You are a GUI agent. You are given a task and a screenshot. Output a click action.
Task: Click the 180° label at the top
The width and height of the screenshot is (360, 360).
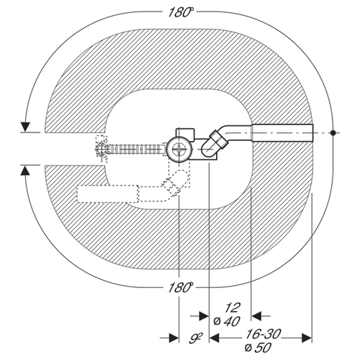[181, 12]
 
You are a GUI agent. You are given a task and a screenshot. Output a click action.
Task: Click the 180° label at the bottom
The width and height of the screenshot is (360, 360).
[181, 287]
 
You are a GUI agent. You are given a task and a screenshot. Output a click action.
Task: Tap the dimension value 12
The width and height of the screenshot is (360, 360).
[233, 308]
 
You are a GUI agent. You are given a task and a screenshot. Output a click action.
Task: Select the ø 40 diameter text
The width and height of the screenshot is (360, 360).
[227, 321]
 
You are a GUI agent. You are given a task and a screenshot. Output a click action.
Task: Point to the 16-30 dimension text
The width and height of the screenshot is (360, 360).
[264, 334]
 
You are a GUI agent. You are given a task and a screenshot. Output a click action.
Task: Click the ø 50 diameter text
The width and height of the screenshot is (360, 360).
[258, 347]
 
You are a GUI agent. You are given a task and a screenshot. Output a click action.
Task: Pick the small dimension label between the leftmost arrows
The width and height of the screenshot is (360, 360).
[196, 338]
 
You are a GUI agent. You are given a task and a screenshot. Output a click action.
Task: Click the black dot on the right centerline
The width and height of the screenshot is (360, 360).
[333, 132]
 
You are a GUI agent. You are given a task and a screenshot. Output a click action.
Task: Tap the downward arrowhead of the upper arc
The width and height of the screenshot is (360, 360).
[25, 127]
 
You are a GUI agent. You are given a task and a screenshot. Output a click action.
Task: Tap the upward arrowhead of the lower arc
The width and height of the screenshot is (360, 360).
[25, 171]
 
